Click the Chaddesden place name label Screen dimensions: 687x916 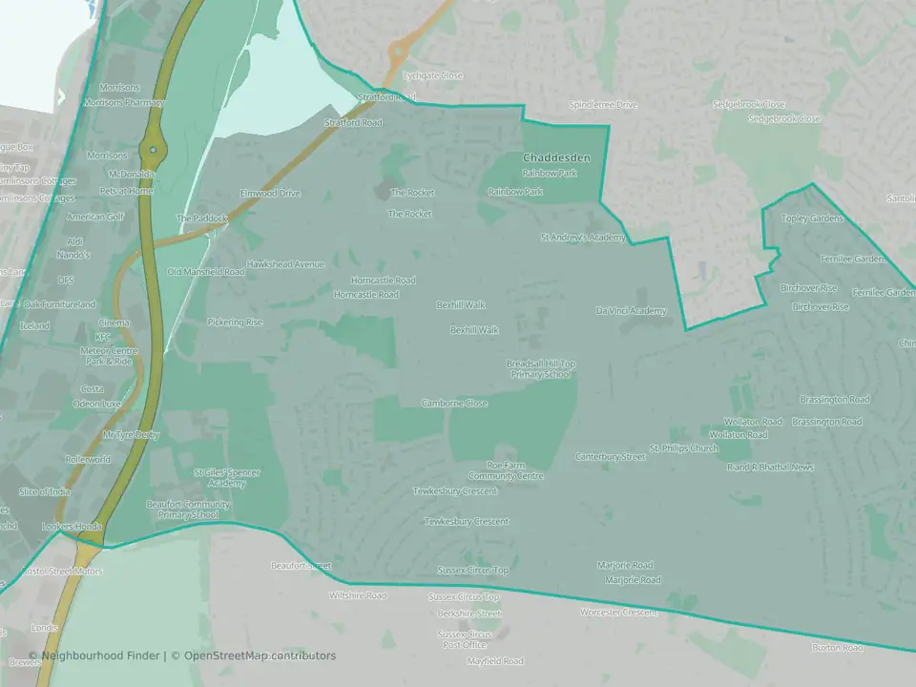pyautogui.click(x=556, y=157)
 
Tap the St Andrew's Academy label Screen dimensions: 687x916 pyautogui.click(x=583, y=238)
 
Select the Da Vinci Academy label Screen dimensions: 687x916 pyautogui.click(x=631, y=311)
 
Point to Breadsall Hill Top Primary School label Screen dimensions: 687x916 pyautogui.click(x=541, y=369)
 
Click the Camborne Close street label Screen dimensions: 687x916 pyautogui.click(x=454, y=404)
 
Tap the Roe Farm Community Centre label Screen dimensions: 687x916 pyautogui.click(x=506, y=470)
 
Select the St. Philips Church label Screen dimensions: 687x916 pyautogui.click(x=683, y=448)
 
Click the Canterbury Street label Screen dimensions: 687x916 pyautogui.click(x=610, y=457)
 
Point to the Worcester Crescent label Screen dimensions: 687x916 pyautogui.click(x=618, y=613)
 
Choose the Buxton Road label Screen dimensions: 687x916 pyautogui.click(x=837, y=648)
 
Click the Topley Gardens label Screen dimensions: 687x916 pyautogui.click(x=812, y=219)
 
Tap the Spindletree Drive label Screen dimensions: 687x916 pyautogui.click(x=602, y=105)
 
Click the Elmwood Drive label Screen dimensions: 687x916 pyautogui.click(x=270, y=194)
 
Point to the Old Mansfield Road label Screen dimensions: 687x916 pyautogui.click(x=206, y=272)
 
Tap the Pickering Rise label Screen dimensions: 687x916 pyautogui.click(x=235, y=323)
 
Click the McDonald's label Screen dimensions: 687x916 pyautogui.click(x=131, y=176)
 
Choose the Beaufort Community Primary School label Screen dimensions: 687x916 pyautogui.click(x=188, y=510)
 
